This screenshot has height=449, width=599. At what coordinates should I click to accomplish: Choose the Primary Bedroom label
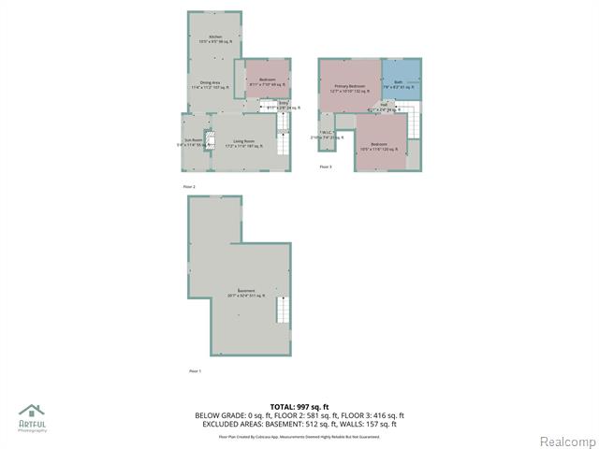click(x=348, y=87)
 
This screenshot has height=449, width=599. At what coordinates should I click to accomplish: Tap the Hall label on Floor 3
click(x=384, y=107)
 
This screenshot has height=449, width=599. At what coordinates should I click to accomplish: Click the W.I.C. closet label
click(x=326, y=133)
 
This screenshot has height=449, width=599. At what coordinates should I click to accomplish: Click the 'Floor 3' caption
click(x=326, y=167)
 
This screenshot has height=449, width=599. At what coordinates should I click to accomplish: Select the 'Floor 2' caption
click(x=189, y=187)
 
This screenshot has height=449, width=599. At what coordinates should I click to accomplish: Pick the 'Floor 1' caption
click(x=195, y=371)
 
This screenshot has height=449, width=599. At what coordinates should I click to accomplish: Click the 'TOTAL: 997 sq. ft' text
click(x=299, y=407)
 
